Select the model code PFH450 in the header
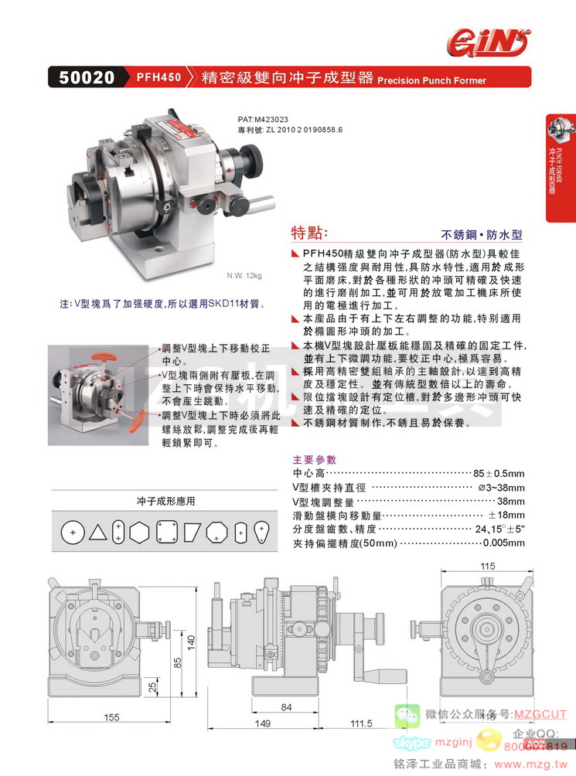click(x=158, y=78)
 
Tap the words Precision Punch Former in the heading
click(x=431, y=80)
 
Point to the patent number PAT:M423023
click(x=263, y=120)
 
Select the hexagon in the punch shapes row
click(x=140, y=533)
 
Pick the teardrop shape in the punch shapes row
click(x=261, y=533)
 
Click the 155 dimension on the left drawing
click(x=111, y=718)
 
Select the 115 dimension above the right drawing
click(x=487, y=567)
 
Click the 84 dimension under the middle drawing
click(x=285, y=707)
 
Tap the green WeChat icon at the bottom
click(x=407, y=714)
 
